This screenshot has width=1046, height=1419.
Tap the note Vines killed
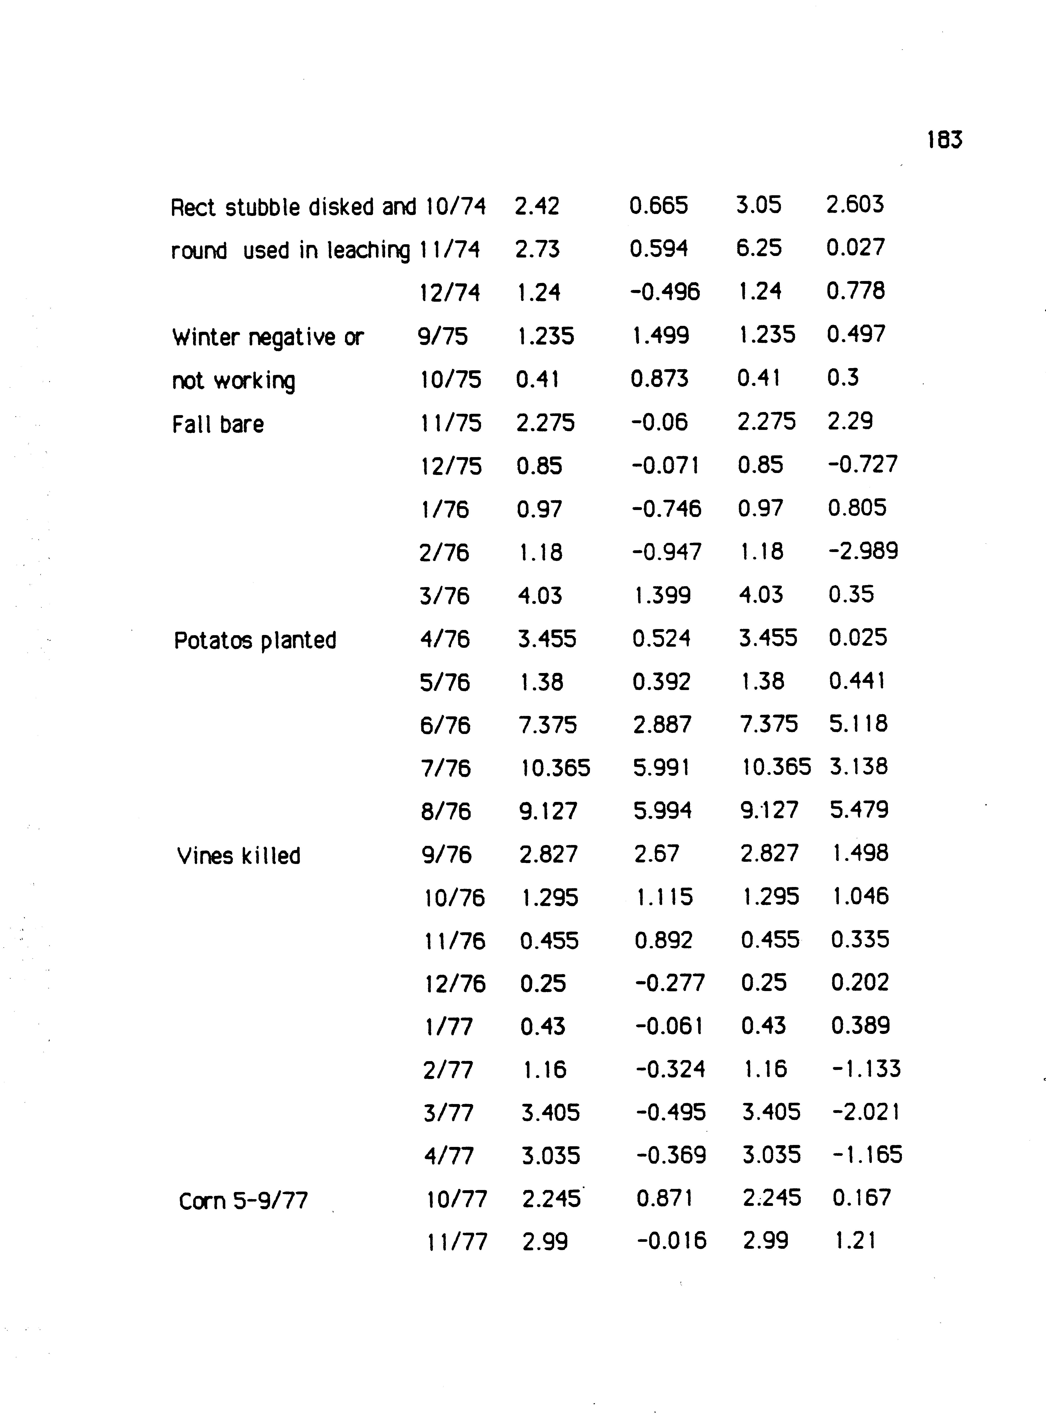tap(239, 856)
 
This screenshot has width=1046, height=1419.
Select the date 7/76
tap(446, 768)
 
